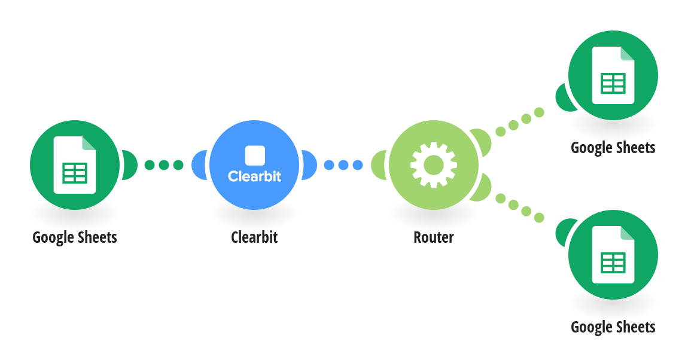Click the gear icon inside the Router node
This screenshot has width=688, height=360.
click(x=434, y=165)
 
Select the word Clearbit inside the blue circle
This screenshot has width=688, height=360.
click(x=254, y=176)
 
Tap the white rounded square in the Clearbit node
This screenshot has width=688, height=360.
click(x=255, y=155)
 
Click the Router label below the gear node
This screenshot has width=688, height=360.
click(x=434, y=237)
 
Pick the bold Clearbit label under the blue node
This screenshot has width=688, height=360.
click(x=254, y=237)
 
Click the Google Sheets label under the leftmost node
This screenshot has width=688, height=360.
click(x=75, y=237)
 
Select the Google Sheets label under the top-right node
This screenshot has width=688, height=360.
click(x=613, y=148)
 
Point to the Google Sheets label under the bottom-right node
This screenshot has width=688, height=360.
click(x=613, y=327)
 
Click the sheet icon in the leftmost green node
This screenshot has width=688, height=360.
click(x=75, y=165)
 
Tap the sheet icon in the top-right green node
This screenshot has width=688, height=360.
click(x=613, y=75)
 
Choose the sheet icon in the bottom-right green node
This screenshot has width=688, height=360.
click(x=613, y=255)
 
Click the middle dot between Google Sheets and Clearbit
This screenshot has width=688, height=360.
click(x=164, y=165)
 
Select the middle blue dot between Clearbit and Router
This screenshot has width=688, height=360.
click(x=343, y=165)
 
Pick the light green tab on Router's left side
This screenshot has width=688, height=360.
click(x=378, y=165)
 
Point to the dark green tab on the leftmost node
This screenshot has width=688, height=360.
click(x=130, y=165)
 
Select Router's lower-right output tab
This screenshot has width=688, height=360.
click(x=482, y=188)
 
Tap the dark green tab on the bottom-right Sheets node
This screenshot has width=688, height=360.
click(x=564, y=233)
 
